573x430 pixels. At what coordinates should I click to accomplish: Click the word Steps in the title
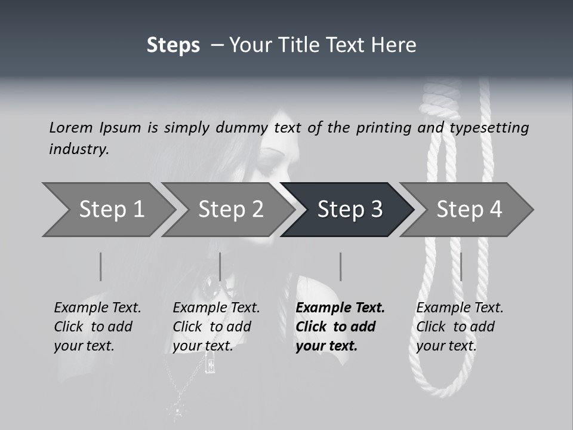[173, 45]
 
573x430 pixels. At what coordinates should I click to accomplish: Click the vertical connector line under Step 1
[101, 266]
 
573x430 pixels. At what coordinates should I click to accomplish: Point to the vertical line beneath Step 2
[220, 266]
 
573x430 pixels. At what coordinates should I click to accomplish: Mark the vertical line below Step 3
[341, 266]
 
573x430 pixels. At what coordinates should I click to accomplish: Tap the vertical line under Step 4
[461, 266]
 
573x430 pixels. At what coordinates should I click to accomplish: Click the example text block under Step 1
[97, 327]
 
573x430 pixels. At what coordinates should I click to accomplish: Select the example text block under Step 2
[216, 327]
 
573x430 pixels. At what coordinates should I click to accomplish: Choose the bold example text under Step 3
[340, 327]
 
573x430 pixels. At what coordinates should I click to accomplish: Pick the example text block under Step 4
[460, 327]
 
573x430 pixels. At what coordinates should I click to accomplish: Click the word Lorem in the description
[71, 128]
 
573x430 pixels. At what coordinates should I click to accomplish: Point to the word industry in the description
[79, 149]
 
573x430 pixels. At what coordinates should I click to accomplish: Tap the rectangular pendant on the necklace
[210, 362]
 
